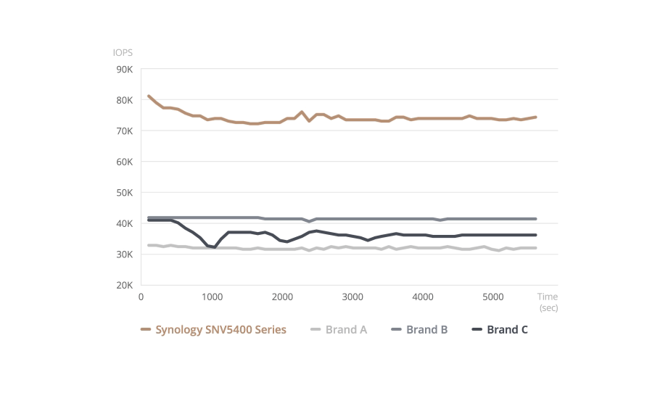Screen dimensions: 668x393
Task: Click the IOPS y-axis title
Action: point(123,52)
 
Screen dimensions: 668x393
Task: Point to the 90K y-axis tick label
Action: point(125,70)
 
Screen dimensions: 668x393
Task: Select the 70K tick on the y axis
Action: point(125,131)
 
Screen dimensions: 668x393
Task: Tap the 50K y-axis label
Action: point(125,193)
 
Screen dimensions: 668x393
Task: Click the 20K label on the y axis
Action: point(125,285)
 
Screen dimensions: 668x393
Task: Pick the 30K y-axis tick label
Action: point(125,255)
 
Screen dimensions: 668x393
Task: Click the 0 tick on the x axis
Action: point(141,297)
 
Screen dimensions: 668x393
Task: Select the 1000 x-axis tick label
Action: point(213,297)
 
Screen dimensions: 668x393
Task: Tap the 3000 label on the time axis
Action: point(352,297)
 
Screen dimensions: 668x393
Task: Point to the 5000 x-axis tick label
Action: point(493,297)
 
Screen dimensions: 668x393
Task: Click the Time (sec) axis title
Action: point(548,302)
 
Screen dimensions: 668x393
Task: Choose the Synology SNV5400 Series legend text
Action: point(220,330)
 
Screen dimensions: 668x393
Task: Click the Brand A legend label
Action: point(346,330)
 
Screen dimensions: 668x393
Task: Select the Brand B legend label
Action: point(427,330)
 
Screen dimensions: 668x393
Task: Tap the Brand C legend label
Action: point(508,330)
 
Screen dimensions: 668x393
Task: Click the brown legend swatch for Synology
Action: point(146,330)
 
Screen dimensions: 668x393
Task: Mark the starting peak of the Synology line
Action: point(148,96)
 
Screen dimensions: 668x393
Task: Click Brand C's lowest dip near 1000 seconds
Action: point(214,247)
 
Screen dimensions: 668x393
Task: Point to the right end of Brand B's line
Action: point(535,219)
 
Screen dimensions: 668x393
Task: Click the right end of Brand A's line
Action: point(535,248)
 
